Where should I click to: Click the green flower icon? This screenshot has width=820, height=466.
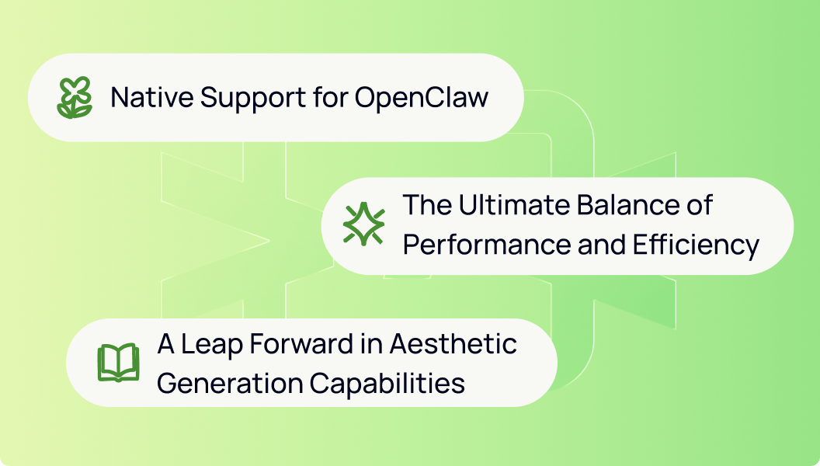click(75, 97)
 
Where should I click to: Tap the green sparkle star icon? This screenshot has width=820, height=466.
click(364, 224)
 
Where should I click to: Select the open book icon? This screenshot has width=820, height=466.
click(118, 363)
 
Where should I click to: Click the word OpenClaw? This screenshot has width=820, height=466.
click(422, 98)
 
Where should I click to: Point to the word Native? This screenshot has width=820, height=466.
click(152, 97)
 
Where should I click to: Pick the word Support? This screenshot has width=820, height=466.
click(253, 99)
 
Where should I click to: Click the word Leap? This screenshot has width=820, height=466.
click(212, 345)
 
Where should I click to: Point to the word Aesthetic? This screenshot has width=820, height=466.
click(453, 344)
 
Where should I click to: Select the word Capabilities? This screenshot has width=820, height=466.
click(387, 384)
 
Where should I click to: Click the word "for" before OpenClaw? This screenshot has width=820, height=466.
click(331, 97)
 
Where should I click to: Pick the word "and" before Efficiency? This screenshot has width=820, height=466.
click(602, 244)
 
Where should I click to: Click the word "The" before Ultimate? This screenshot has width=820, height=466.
click(427, 204)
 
